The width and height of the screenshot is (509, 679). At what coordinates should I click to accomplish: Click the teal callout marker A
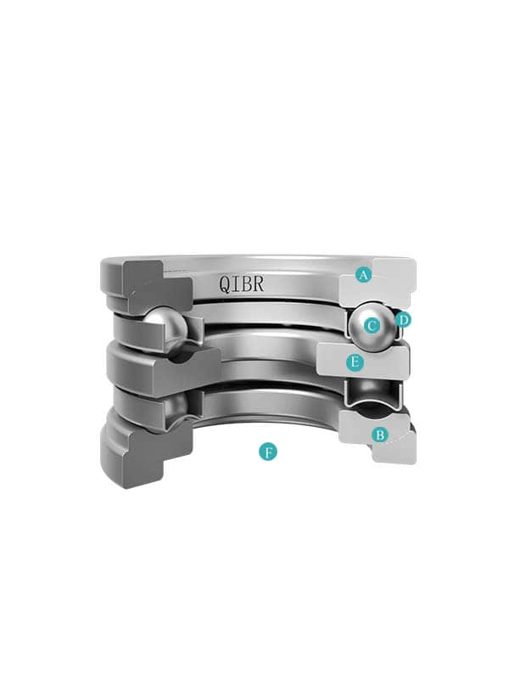[x=364, y=274]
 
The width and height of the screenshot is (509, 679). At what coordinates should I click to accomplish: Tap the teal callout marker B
[x=379, y=435]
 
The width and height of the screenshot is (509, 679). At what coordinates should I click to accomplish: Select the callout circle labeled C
[x=372, y=326]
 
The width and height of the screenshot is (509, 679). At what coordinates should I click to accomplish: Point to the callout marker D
[x=404, y=321]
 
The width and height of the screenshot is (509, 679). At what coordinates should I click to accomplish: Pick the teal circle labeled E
[x=355, y=362]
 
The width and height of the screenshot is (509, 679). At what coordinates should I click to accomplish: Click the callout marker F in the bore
[x=268, y=452]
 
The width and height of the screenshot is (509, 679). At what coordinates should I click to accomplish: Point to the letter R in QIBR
[x=258, y=283]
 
